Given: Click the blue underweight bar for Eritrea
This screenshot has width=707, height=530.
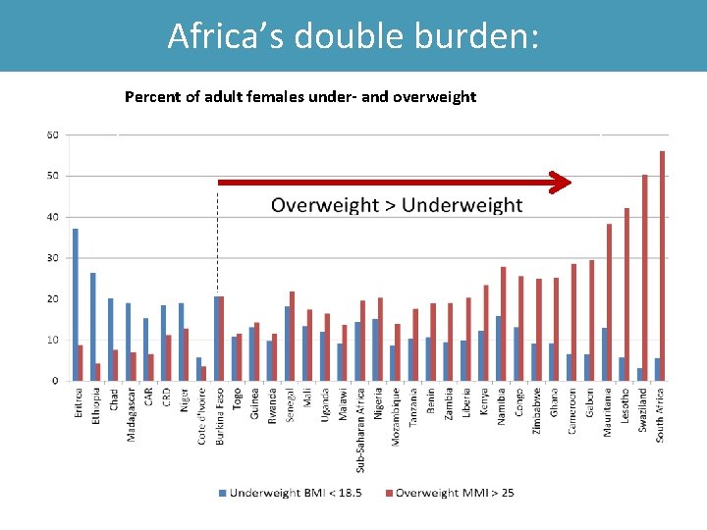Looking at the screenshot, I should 76,304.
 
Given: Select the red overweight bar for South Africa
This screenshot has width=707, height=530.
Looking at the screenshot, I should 663,265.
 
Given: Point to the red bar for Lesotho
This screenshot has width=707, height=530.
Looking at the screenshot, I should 626,293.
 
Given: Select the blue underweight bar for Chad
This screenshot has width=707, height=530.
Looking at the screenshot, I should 111,339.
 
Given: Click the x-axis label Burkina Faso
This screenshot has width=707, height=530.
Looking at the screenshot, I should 220,415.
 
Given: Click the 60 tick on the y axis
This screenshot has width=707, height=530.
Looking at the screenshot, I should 52,134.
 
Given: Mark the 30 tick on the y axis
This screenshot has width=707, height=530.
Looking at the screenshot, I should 52,258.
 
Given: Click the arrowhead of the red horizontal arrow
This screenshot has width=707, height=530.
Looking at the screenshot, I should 560,183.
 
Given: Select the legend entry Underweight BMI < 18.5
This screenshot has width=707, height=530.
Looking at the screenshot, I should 296,493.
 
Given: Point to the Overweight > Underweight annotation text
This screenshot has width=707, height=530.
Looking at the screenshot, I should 396,205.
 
